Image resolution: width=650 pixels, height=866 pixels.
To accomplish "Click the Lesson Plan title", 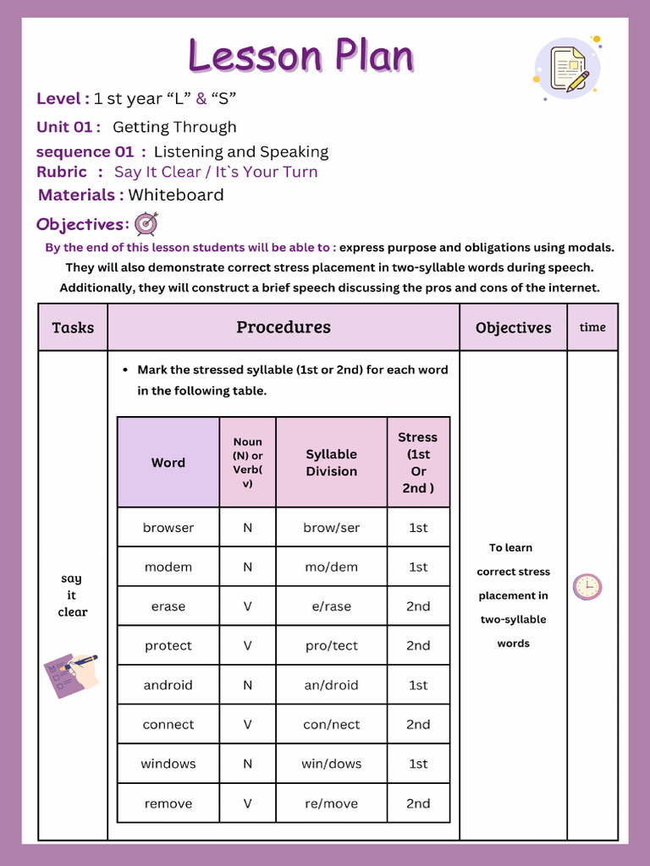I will [x=301, y=56].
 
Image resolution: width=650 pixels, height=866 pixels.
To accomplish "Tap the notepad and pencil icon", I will [x=568, y=69].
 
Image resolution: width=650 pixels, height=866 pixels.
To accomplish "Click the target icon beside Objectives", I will [x=146, y=224].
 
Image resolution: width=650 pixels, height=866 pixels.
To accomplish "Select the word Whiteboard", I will [x=176, y=195].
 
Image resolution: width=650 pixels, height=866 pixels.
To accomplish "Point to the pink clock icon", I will [x=587, y=586].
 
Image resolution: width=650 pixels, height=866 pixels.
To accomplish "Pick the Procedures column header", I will [x=284, y=327].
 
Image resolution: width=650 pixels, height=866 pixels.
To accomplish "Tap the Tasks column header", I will [x=73, y=328].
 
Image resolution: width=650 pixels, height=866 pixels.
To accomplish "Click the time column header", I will [x=592, y=327].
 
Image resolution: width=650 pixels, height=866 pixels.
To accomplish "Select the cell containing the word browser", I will [x=168, y=528].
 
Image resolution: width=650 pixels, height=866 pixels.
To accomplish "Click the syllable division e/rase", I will [x=332, y=606].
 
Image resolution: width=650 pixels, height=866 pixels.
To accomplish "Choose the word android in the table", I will [x=168, y=685].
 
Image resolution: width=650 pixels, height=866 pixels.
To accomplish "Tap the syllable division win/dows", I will [x=332, y=764].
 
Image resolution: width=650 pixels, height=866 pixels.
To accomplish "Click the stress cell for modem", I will [x=418, y=567].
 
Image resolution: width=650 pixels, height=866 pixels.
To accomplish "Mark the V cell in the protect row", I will [x=248, y=645].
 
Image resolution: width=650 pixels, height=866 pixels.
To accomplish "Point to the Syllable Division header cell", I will [x=332, y=463].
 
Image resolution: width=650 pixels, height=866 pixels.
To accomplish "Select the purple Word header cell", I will [x=168, y=463].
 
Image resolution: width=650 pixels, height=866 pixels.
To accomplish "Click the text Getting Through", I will [x=174, y=128].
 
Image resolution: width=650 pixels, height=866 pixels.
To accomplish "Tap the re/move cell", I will [x=332, y=803].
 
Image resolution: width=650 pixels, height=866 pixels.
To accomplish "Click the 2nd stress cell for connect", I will [x=418, y=725].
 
